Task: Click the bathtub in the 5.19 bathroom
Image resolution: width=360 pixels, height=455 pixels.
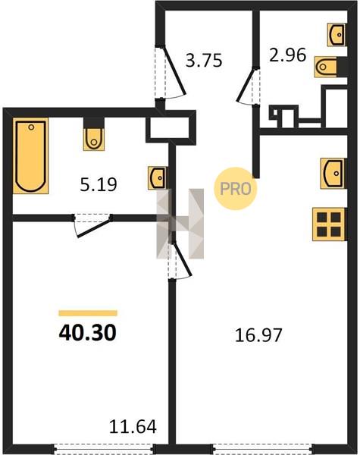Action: coord(31,155)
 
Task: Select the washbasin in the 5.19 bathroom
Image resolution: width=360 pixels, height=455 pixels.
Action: coord(157,178)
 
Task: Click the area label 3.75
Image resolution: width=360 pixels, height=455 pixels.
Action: coord(204,61)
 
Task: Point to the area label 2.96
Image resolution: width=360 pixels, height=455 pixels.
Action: coord(287,55)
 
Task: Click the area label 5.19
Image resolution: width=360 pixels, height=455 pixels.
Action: coord(99,184)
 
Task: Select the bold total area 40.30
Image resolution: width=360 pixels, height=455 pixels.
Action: coord(88,333)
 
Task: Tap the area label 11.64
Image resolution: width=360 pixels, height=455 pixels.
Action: coord(133,426)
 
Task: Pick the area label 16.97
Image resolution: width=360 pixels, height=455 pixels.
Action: coord(258,335)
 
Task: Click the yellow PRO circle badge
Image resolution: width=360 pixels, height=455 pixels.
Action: coord(235,189)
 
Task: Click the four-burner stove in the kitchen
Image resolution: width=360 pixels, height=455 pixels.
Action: coord(329,224)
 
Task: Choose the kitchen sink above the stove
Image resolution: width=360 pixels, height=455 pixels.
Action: coord(333,173)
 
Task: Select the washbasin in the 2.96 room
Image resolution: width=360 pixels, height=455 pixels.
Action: coord(337,35)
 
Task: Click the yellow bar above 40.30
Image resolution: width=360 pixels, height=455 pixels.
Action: coord(88,312)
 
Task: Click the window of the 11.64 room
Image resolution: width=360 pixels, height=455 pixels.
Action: coord(105,448)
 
